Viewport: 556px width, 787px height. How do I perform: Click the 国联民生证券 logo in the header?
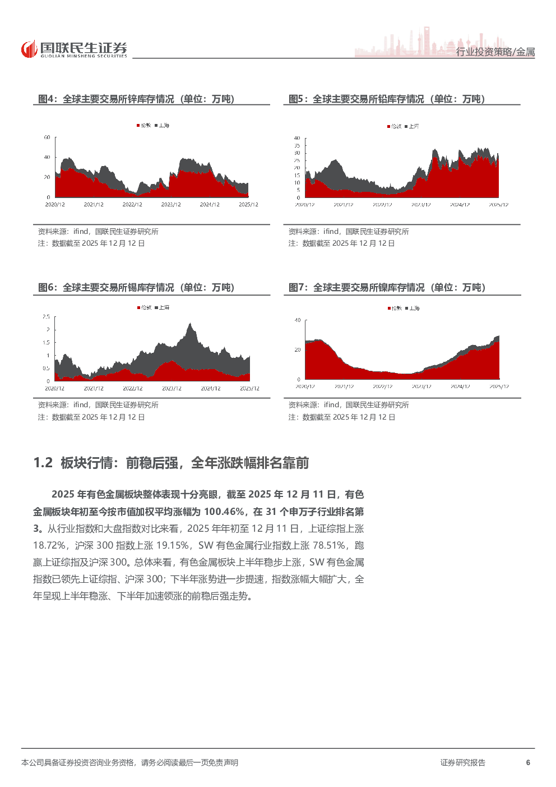pos(74,49)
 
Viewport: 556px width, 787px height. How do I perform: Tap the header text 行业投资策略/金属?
pos(495,52)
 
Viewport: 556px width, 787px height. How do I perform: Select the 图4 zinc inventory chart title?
pos(136,99)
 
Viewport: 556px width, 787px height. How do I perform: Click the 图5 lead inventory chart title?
pos(386,99)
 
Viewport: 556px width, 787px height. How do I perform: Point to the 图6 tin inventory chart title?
pos(136,288)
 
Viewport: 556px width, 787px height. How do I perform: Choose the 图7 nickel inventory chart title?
pos(386,288)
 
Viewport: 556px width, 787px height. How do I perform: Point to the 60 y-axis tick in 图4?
pos(47,137)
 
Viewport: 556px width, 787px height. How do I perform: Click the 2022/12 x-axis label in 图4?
pos(132,205)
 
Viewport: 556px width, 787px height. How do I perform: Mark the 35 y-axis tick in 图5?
pos(297,146)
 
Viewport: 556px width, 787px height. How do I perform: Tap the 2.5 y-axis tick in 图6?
pos(46,317)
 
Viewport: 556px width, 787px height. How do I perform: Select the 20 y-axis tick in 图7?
pos(298,349)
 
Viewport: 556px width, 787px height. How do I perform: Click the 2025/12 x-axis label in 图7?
pos(499,386)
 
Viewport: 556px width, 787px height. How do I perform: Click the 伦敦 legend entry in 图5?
pos(395,126)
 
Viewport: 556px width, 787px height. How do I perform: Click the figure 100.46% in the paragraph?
pos(224,512)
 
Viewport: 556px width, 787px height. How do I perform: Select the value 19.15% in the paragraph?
pos(172,545)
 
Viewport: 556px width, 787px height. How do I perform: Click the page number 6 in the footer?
pos(528,762)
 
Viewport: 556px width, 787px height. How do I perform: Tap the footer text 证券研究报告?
pos(462,762)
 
